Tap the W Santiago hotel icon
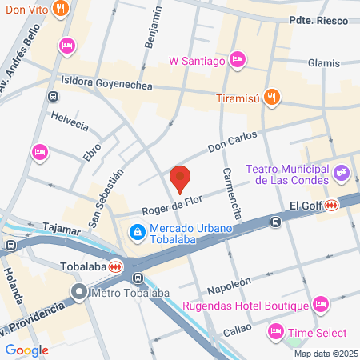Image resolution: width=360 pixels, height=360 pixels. pos(237,58)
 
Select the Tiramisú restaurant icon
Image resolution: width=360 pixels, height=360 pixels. pos(272,98)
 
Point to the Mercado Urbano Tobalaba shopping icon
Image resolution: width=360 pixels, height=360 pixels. pos(137,232)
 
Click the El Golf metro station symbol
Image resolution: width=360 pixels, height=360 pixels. pos(331,206)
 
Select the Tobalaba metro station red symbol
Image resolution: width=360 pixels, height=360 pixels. pos(117,266)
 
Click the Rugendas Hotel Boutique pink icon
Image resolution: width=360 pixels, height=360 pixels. pos(321,304)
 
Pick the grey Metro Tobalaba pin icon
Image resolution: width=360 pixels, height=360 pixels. pos(78,292)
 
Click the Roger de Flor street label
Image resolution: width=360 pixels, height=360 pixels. pos(170,207)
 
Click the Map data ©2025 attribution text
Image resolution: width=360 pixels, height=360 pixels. pos(325,353)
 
